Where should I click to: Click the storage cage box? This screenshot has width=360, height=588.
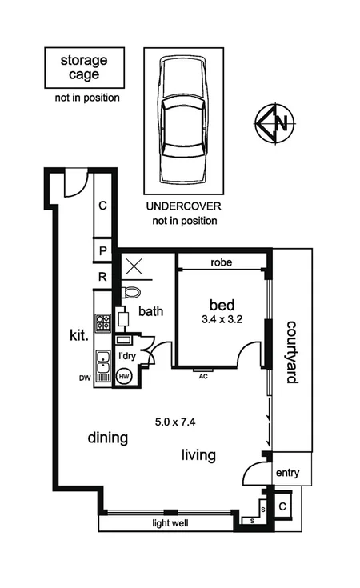(x=83, y=67)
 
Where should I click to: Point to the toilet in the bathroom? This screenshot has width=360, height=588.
(x=132, y=293)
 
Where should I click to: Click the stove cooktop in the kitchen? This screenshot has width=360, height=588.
(x=103, y=323)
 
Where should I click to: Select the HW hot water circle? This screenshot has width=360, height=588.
(x=125, y=375)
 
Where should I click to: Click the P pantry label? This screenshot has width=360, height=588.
(x=103, y=251)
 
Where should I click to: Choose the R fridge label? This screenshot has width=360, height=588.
(x=103, y=277)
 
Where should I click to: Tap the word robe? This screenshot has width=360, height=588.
(x=222, y=262)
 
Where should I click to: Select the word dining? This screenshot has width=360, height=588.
(x=108, y=438)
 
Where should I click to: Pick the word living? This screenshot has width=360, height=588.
(x=198, y=455)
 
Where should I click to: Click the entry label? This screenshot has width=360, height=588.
(x=287, y=474)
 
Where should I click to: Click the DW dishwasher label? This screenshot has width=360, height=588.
(x=86, y=378)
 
